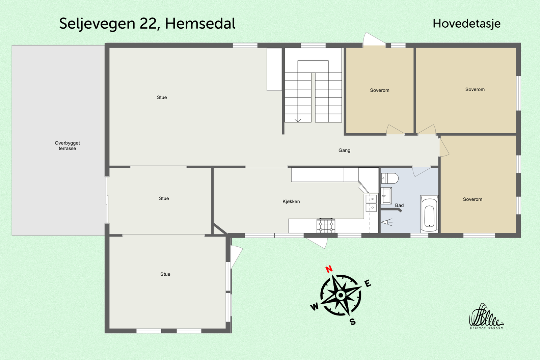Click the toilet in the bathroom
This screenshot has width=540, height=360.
[390, 178]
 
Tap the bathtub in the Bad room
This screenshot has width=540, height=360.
[429, 214]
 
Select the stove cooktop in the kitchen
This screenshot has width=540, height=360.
[326, 225]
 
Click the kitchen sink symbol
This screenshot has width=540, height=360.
[371, 203]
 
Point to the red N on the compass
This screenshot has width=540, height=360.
[329, 269]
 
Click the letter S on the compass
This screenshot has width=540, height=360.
[353, 322]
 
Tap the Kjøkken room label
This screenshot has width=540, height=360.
[291, 201]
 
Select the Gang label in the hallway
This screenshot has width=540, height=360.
[344, 150]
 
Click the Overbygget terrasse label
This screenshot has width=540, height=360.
[67, 145]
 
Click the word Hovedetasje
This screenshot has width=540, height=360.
[466, 24]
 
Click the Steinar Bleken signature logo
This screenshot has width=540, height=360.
[486, 316]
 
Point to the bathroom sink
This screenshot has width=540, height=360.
[386, 196]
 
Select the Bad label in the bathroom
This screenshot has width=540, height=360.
[399, 205]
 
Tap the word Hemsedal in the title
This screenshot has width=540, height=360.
[200, 24]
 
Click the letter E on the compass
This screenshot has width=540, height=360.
[368, 283]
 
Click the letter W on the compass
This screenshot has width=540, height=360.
[314, 307]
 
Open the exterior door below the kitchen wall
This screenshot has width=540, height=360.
[317, 242]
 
